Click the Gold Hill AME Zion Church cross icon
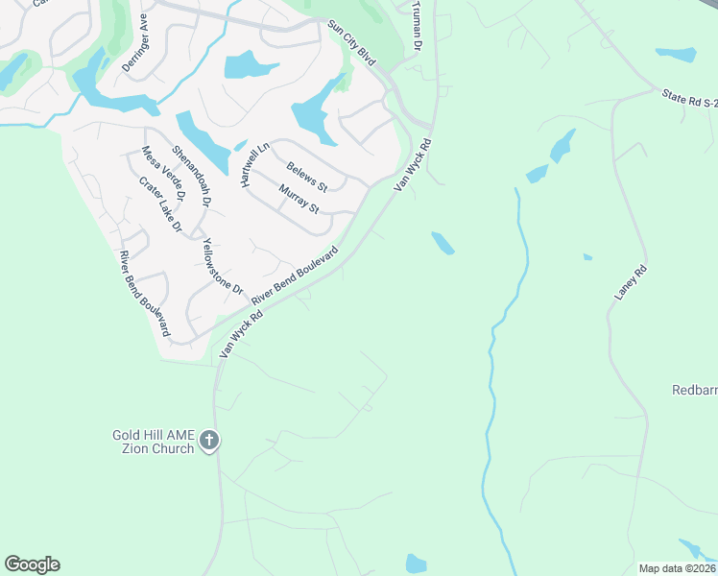(x=210, y=442)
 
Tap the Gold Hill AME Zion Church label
(x=154, y=442)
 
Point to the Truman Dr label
(x=416, y=25)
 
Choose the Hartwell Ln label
(x=252, y=164)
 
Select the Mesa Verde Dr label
(x=156, y=174)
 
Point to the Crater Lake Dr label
(x=160, y=204)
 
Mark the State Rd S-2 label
(x=689, y=101)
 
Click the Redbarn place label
(x=693, y=390)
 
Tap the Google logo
(x=32, y=564)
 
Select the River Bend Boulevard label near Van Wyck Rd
(x=296, y=275)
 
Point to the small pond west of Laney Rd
(x=587, y=257)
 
